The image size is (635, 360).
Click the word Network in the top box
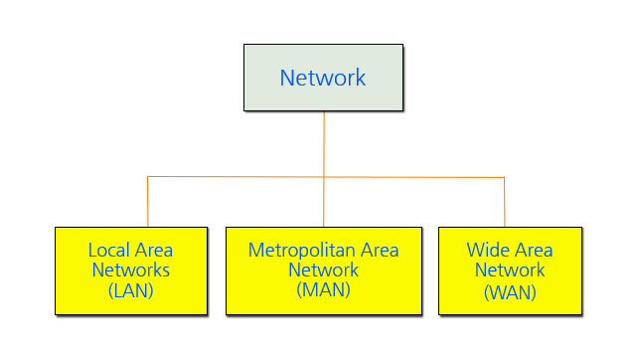(323, 78)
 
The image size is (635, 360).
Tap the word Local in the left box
(108, 251)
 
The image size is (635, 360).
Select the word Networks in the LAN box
(131, 270)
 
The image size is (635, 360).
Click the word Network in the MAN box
(323, 270)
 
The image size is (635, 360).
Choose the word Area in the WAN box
(533, 251)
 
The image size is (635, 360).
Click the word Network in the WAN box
(510, 270)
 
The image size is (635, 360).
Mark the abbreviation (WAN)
(510, 291)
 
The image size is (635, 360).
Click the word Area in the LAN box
(153, 251)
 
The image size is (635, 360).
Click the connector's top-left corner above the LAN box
(148, 177)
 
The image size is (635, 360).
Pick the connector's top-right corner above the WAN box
(504, 178)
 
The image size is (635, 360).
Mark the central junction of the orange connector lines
(324, 177)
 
